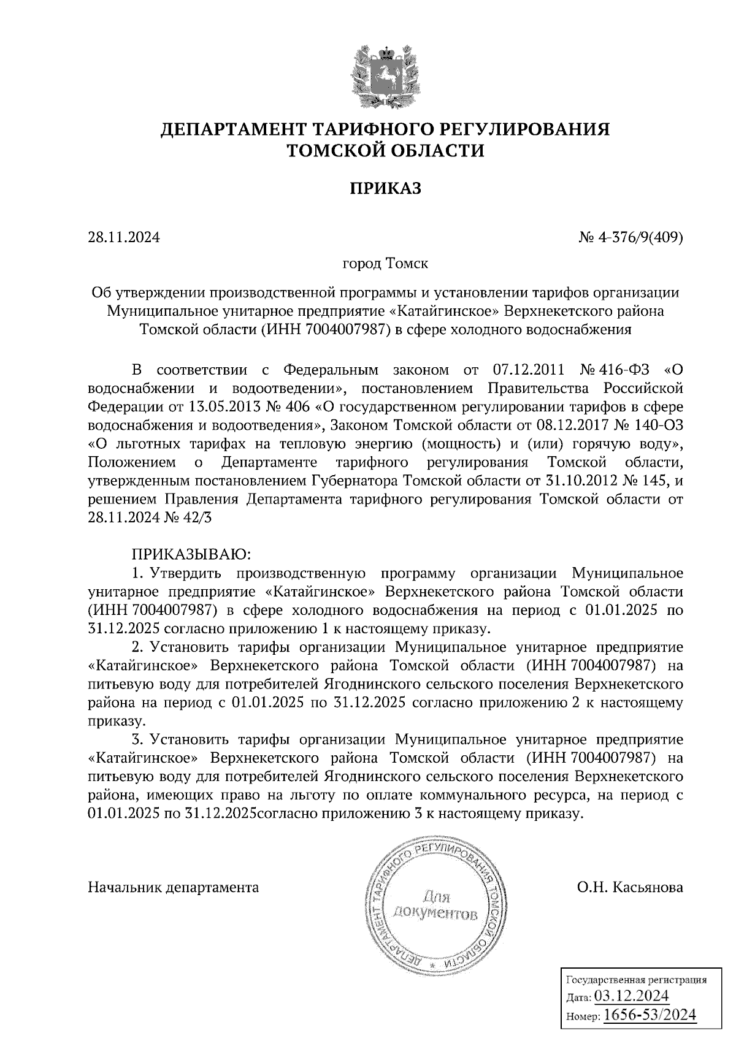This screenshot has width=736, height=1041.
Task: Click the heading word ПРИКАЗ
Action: pyautogui.click(x=386, y=188)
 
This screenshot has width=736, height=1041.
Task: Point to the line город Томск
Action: pyautogui.click(x=385, y=264)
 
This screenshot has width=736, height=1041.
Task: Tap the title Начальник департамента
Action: pyautogui.click(x=174, y=887)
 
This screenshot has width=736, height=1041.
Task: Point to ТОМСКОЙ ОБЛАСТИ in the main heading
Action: pyautogui.click(x=386, y=150)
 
